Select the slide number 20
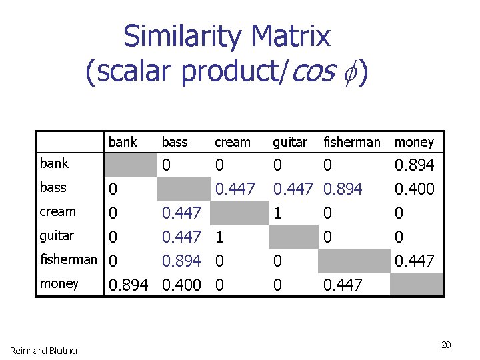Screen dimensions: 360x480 coord(446,345)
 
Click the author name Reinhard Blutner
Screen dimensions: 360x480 coord(44,350)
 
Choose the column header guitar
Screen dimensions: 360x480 coord(290,142)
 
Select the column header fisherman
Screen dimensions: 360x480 coord(351,142)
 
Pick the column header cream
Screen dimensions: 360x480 coord(233,142)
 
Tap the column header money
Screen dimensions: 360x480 coord(414,142)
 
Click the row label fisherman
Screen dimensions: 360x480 coord(69,259)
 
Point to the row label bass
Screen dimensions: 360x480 coord(53,187)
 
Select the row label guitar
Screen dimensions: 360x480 coord(57,235)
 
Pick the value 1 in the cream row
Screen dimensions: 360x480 coord(277,214)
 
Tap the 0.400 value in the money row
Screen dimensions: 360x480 coord(181,285)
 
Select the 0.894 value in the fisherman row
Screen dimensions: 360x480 coord(181,261)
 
